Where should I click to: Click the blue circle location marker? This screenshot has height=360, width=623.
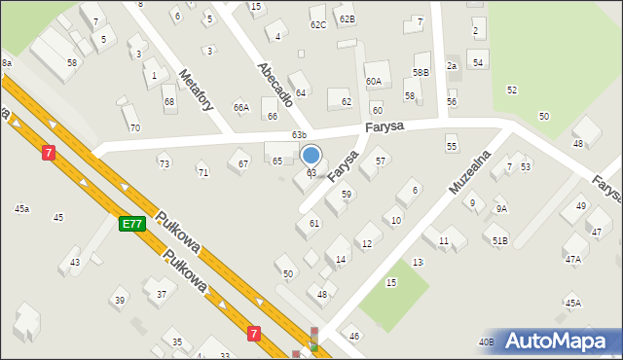311,155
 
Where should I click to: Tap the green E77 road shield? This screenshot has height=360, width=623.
132,224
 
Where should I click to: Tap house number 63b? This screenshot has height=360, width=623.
299,135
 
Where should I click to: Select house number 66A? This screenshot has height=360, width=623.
241,107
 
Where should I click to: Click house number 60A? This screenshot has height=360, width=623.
374,82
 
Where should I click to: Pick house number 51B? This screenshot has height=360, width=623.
499,240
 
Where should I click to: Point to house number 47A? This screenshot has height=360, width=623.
573,260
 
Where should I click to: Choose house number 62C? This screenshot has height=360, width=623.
318,24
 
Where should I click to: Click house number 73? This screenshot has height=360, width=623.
165,163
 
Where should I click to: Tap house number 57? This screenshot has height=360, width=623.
381,161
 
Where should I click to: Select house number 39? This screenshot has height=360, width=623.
119,301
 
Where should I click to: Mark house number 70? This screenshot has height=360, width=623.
134,127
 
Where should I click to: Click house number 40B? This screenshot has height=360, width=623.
486,342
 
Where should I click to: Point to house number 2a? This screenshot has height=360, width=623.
452,66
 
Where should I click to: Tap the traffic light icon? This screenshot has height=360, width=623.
313,340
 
